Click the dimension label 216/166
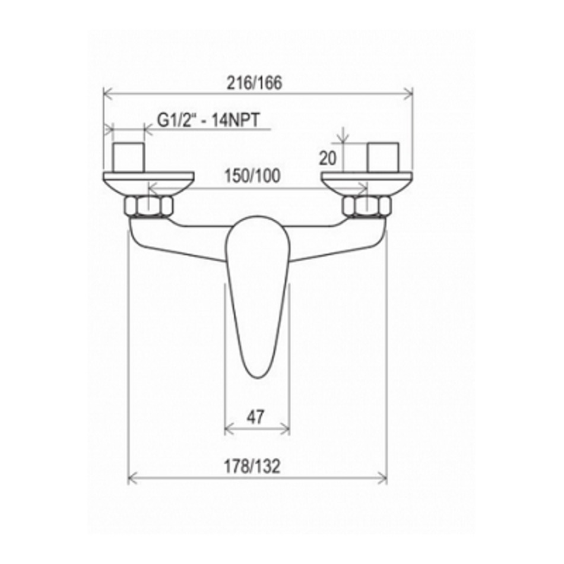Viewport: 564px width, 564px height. tap(254, 83)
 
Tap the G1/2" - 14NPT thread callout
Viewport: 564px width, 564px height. tap(208, 120)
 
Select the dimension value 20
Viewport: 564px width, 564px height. tap(328, 159)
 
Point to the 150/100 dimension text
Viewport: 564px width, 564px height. tap(252, 176)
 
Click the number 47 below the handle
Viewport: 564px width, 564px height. tap(255, 417)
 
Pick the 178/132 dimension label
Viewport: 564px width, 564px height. tap(252, 467)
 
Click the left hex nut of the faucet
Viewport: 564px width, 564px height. tap(148, 206)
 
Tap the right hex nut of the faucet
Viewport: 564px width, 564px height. tap(366, 206)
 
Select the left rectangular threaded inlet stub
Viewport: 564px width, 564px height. tap(128, 158)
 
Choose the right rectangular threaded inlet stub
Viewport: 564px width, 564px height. tap(383, 158)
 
